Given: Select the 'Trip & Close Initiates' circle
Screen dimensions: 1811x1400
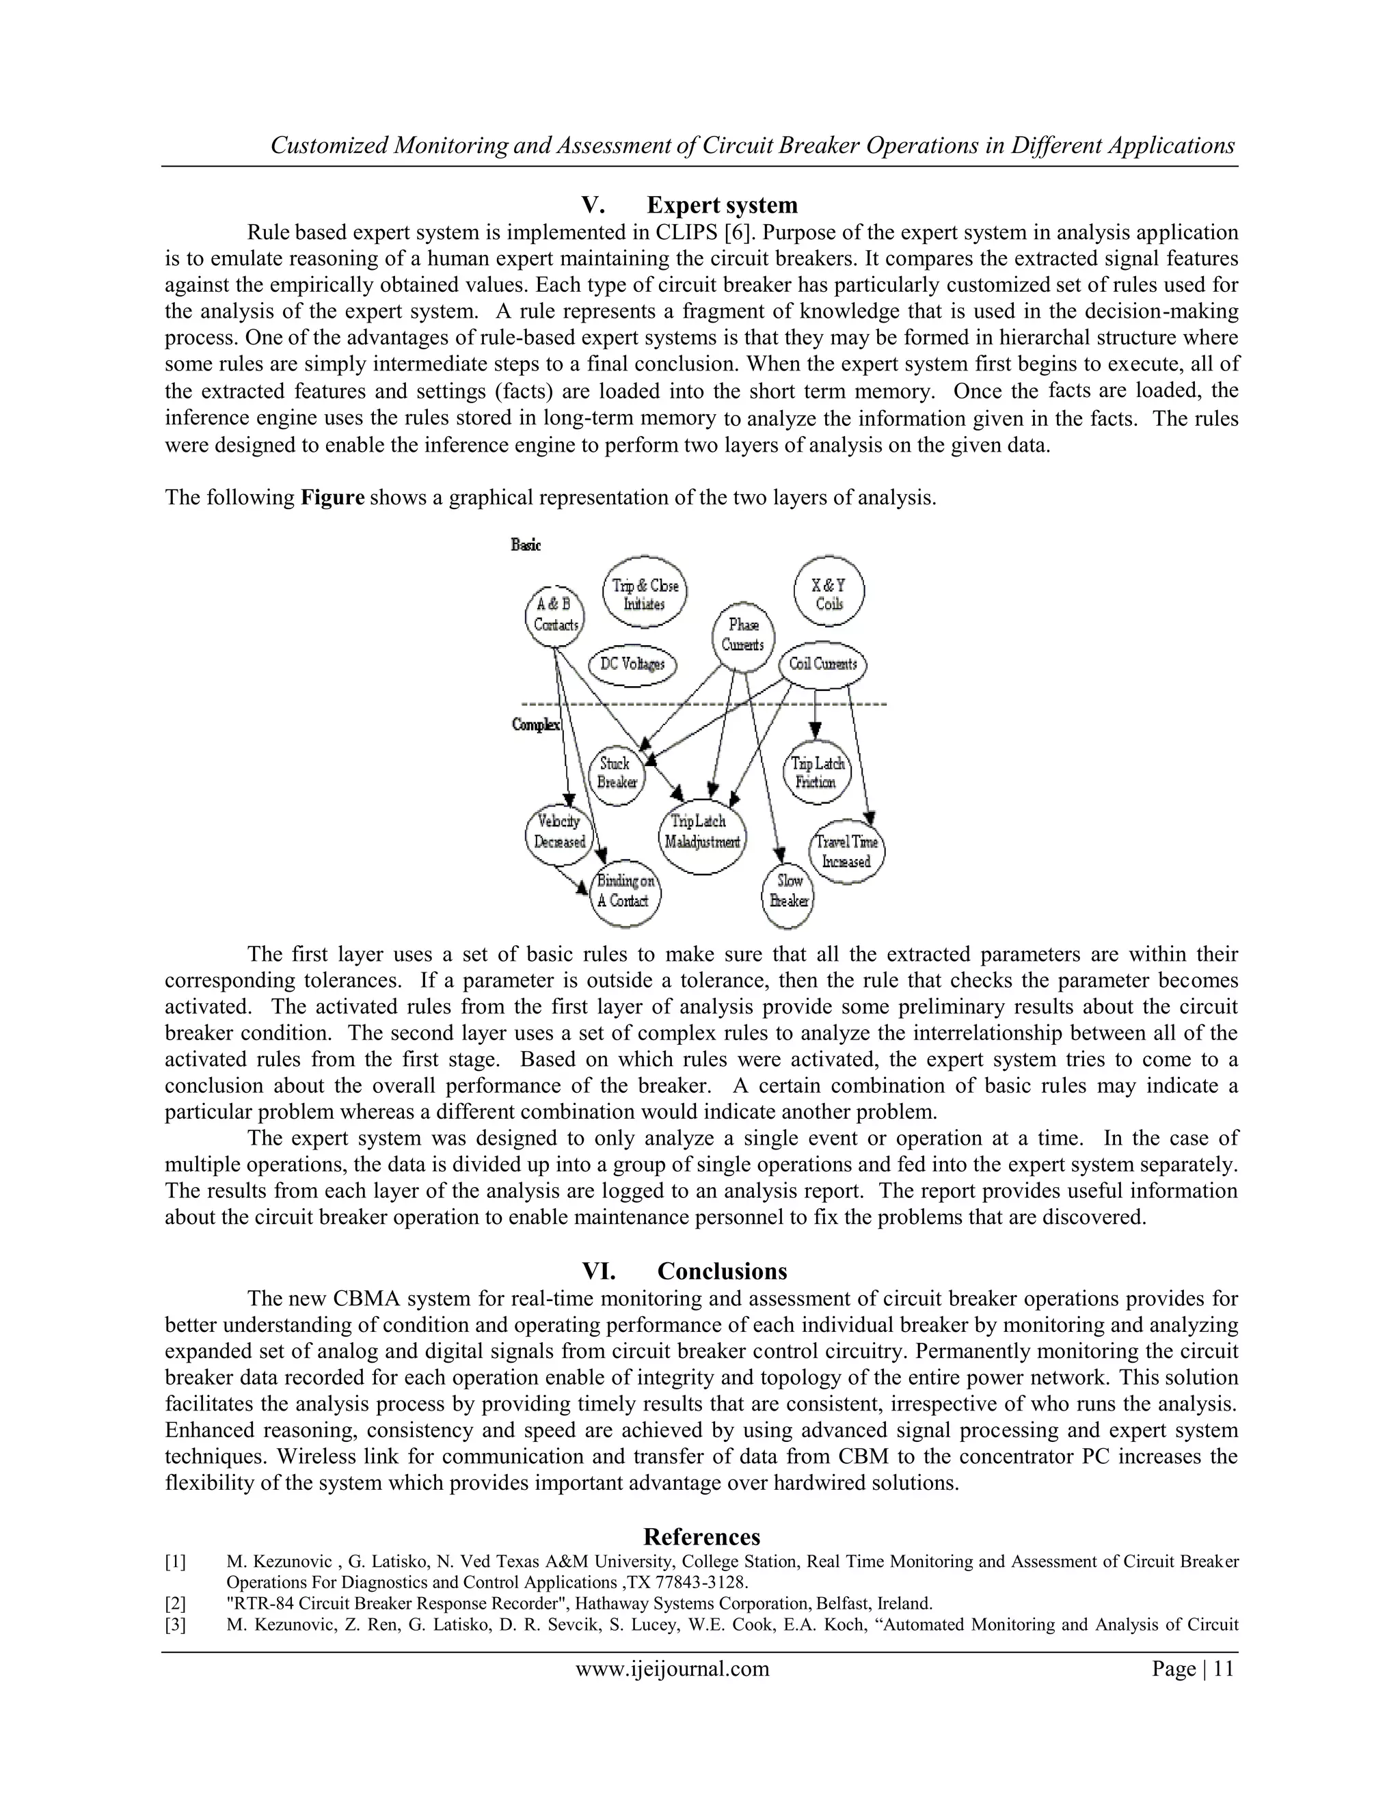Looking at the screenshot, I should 645,595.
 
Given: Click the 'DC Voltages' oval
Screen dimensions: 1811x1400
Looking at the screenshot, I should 632,665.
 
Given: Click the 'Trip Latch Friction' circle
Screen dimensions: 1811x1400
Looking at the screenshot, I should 817,773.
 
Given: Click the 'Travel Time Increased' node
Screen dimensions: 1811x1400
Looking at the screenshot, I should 846,852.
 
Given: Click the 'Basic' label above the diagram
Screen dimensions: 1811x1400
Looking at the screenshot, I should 526,545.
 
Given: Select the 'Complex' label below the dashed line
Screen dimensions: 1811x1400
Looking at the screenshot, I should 536,724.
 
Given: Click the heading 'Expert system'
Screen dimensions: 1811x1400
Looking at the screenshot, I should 722,205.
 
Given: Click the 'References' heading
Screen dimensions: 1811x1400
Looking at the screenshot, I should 701,1536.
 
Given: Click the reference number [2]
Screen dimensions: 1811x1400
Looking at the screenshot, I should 175,1603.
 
